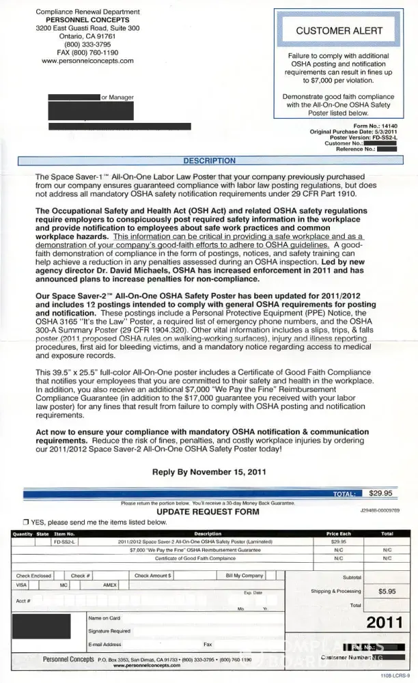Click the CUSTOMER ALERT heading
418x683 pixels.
coord(339,31)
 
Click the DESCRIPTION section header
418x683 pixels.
coord(210,161)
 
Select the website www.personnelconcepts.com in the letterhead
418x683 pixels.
coord(87,61)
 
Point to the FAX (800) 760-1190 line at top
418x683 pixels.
coord(87,52)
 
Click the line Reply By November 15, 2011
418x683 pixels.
coord(209,471)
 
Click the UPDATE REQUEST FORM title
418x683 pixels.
coord(208,511)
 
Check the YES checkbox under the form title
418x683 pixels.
coord(25,522)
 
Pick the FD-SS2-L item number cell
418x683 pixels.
coord(65,541)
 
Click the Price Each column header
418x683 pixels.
coord(338,533)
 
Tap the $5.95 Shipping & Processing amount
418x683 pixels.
coord(387,591)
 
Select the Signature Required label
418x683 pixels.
coord(109,631)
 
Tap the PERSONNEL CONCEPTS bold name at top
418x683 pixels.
coord(87,20)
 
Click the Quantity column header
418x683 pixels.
coord(23,533)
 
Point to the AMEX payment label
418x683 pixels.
coord(110,585)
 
